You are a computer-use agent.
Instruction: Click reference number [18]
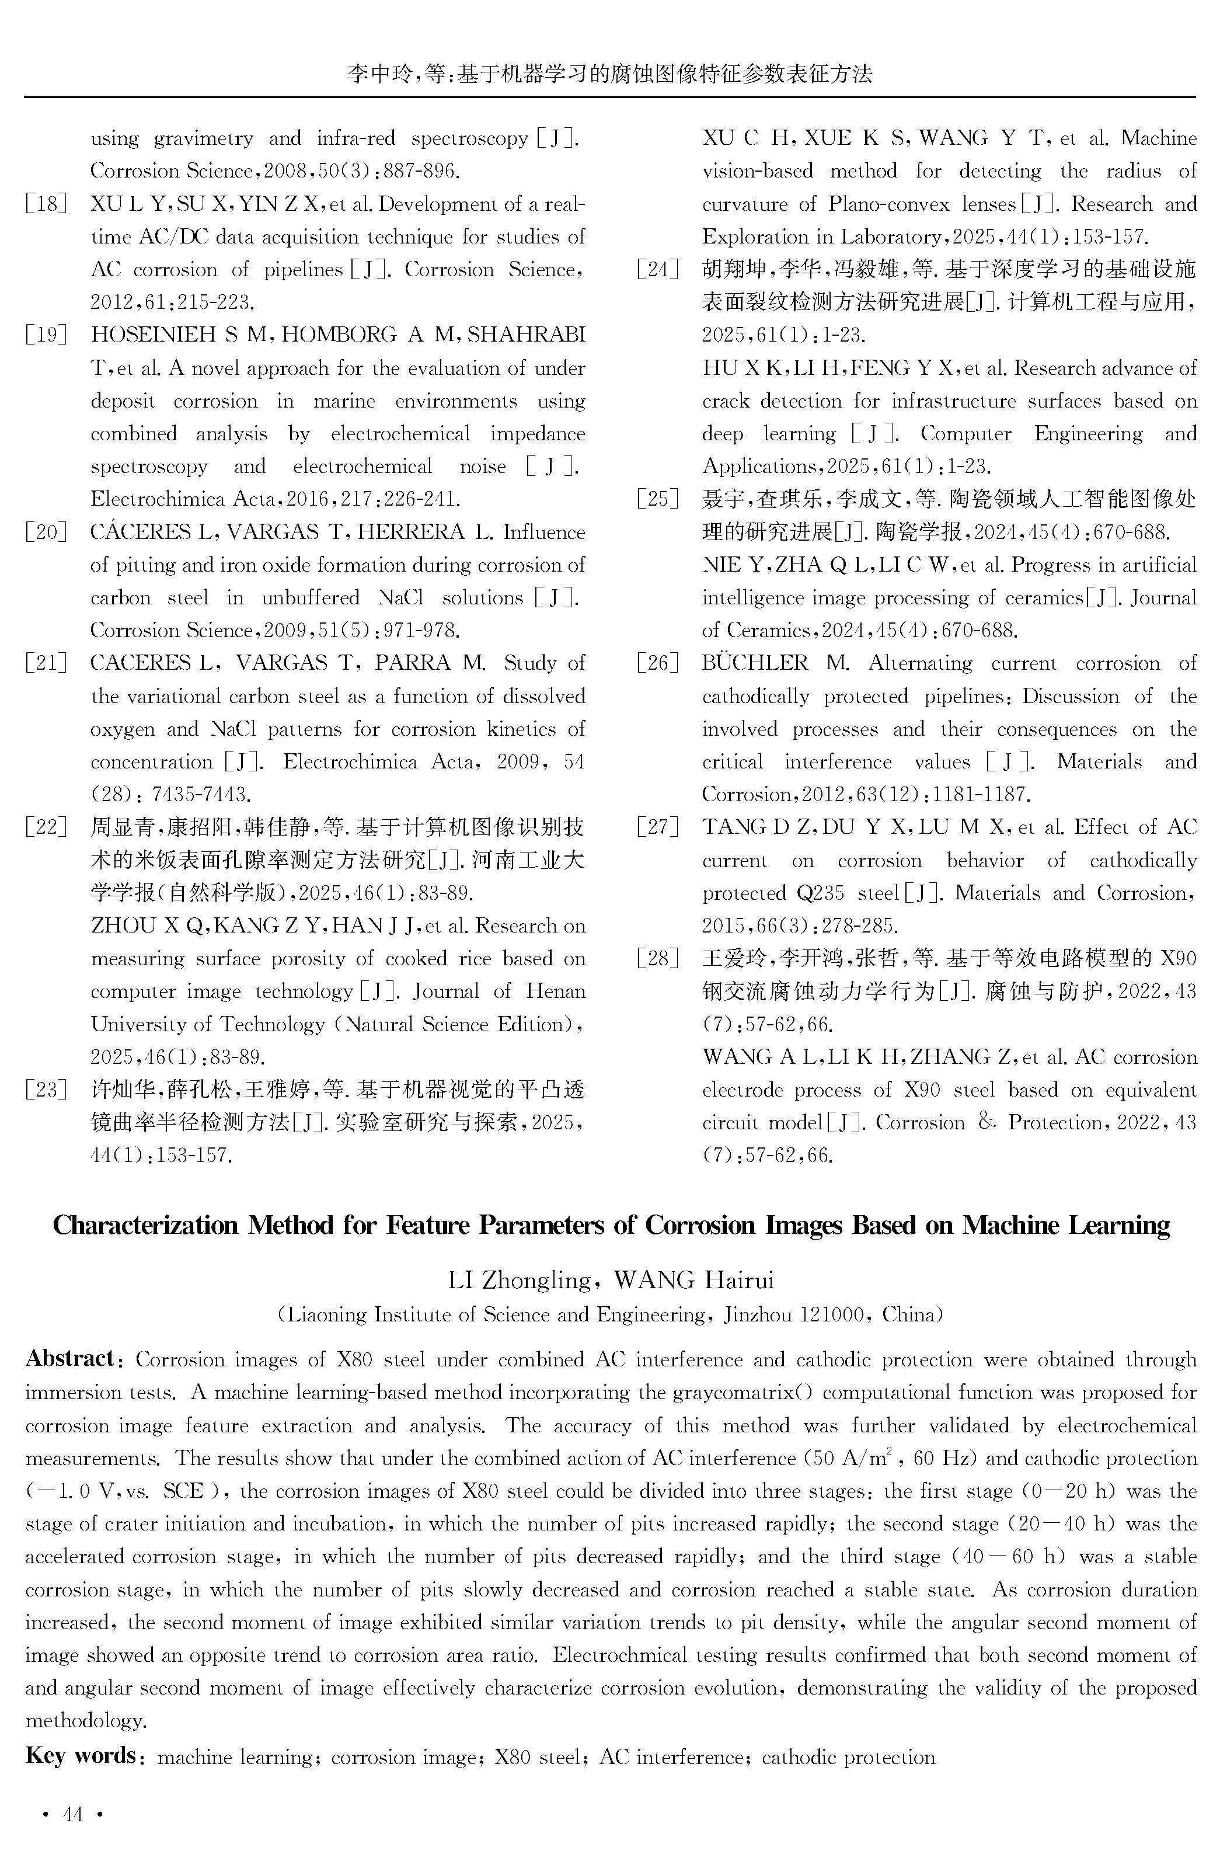point(47,204)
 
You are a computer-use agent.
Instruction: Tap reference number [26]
point(657,663)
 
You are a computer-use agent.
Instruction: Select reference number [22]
point(47,827)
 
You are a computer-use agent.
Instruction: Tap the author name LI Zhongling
point(520,1280)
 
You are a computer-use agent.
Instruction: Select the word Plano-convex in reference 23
point(888,204)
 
